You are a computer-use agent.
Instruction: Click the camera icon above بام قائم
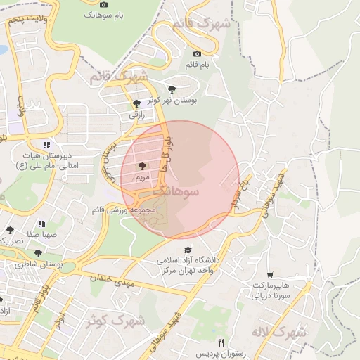pos(197,53)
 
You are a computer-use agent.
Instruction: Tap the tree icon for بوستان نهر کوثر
pos(172,89)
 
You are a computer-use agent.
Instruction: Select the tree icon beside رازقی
pos(136,103)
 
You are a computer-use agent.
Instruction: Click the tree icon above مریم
pos(143,167)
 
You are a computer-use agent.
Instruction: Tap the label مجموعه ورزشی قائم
pos(124,210)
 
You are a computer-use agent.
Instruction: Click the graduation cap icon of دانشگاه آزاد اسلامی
pos(188,250)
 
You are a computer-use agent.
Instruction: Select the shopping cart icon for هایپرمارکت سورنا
pos(270,275)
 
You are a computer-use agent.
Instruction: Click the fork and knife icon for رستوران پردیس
pos(221,342)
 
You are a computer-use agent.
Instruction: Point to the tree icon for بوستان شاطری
pos(38,253)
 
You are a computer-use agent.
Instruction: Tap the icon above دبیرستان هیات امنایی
pos(47,145)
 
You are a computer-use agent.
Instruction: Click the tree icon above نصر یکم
pos(10,230)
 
